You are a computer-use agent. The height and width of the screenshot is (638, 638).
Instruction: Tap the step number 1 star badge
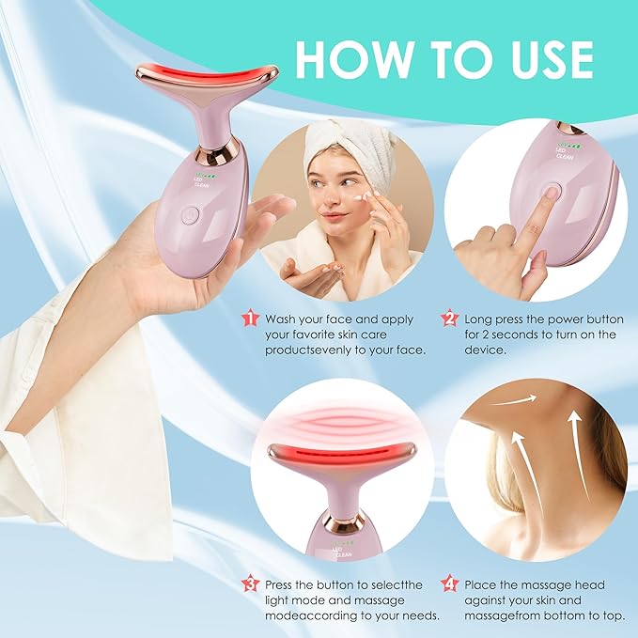coord(249,319)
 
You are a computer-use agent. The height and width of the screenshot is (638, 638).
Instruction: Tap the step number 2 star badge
coord(449,319)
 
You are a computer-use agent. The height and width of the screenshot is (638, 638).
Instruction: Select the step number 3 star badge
coord(249,584)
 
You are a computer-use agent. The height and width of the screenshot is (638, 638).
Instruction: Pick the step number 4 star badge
coord(449,584)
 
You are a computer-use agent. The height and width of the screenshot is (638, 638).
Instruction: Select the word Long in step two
coord(483,319)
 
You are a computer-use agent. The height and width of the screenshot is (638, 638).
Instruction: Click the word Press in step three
coord(284,584)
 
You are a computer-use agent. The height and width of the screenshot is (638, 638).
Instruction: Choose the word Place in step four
coord(484,584)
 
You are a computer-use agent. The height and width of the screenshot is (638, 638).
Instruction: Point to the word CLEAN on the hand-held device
coord(201,184)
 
